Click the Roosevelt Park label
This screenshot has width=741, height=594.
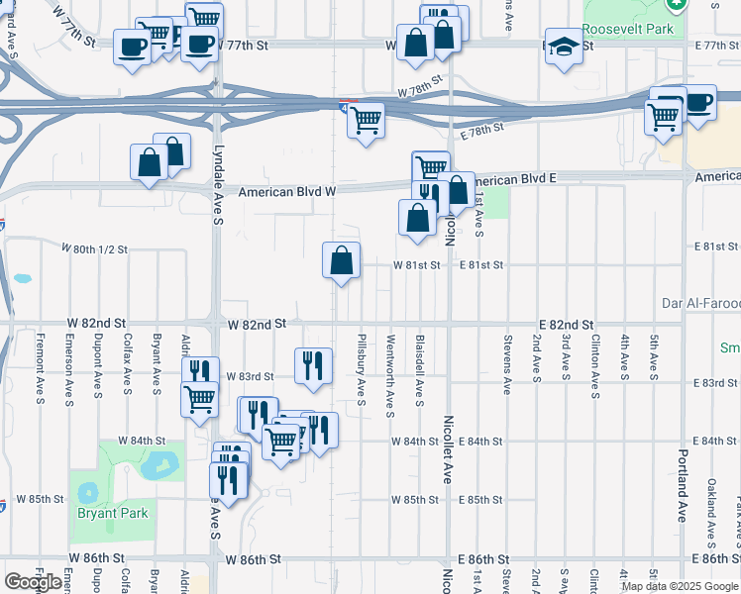pyautogui.click(x=628, y=29)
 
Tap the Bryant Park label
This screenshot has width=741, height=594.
pyautogui.click(x=112, y=513)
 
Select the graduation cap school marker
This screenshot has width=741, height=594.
pyautogui.click(x=564, y=49)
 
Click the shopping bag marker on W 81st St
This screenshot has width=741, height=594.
pyautogui.click(x=341, y=261)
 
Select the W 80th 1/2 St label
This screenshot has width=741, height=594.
pyautogui.click(x=95, y=248)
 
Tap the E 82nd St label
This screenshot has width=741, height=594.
pyautogui.click(x=566, y=325)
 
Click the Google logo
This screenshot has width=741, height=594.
pyautogui.click(x=33, y=582)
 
